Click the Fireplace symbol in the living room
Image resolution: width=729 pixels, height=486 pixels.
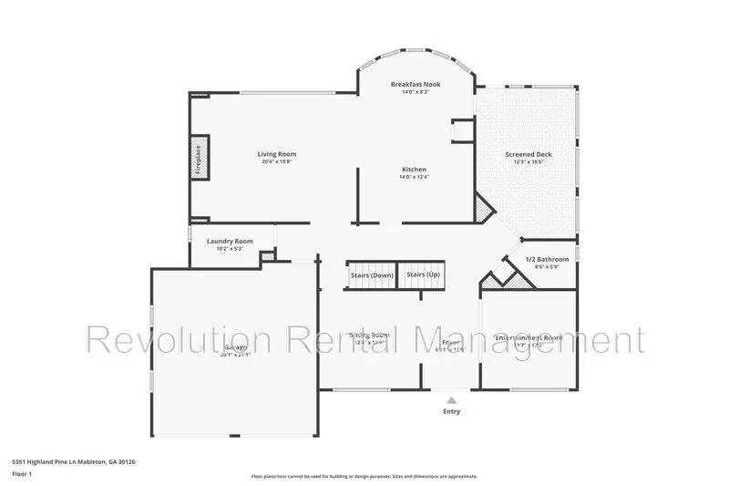point(199,157)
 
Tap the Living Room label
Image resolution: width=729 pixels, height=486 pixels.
point(277,154)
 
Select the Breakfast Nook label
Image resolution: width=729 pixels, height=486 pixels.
point(416,83)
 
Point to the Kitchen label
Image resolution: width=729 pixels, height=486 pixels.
point(415,170)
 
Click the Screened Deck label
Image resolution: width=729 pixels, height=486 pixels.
point(529,154)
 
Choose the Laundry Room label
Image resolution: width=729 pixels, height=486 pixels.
point(230,241)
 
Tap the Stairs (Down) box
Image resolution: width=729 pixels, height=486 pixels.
point(372,274)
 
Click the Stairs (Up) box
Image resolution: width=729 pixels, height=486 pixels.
point(424,274)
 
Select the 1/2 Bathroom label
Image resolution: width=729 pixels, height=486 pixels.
point(547,260)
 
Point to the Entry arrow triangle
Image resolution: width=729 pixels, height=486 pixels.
point(450,398)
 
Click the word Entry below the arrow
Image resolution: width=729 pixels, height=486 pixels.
point(451,411)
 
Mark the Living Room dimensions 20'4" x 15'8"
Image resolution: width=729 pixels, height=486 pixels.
point(277,162)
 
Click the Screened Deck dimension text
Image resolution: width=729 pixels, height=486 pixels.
point(529,162)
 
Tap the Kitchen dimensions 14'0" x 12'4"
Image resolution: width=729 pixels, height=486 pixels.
point(415,178)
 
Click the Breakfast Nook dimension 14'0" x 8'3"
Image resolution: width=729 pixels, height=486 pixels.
point(416,91)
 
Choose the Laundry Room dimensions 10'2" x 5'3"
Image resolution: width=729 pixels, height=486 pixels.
point(230,249)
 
